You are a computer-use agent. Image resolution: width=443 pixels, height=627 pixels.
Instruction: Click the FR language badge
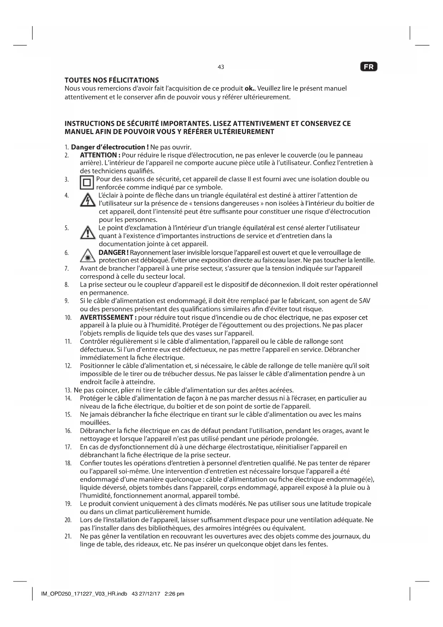pos(369,67)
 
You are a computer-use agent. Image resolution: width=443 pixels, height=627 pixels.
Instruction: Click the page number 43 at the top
pos(221,67)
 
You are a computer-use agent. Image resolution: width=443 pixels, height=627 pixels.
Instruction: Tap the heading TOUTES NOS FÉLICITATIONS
pos(112,80)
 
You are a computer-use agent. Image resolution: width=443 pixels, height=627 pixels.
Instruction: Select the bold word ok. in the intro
pos(249,88)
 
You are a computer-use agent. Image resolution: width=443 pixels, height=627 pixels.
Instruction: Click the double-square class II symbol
pos(86,183)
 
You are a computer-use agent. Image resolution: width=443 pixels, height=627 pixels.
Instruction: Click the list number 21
pos(68,537)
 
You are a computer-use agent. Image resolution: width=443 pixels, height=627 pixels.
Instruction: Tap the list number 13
pos(68,390)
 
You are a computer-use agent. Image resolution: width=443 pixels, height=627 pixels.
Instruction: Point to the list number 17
pos(68,447)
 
